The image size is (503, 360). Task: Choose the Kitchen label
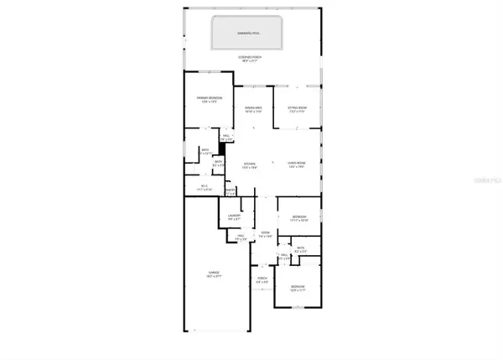point(249,164)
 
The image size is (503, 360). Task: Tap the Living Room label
point(298,164)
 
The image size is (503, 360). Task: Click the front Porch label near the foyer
point(262,279)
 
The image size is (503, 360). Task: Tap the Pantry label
point(231,190)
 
